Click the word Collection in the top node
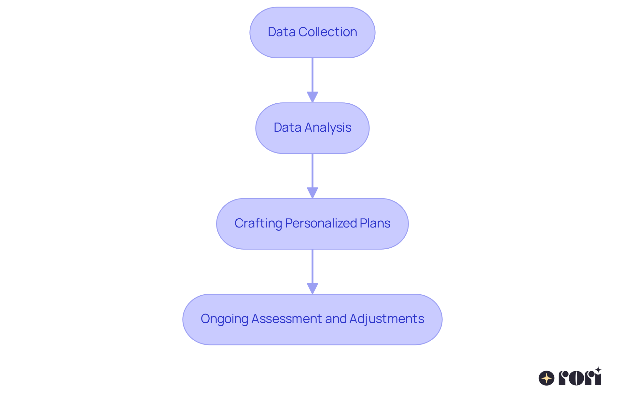[327, 32]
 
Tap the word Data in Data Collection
[282, 32]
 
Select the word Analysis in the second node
[328, 127]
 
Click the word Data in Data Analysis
[287, 127]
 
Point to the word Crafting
[258, 223]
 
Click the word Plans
[375, 223]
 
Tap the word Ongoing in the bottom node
[224, 319]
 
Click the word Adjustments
[386, 319]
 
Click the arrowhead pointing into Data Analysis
[312, 97]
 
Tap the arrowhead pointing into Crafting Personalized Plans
[312, 193]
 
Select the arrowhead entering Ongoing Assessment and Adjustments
[312, 288]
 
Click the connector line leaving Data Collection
[312, 75]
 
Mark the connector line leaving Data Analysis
[312, 170]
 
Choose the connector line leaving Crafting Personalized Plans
[312, 266]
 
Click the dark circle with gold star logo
[547, 378]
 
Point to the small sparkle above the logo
[598, 370]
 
